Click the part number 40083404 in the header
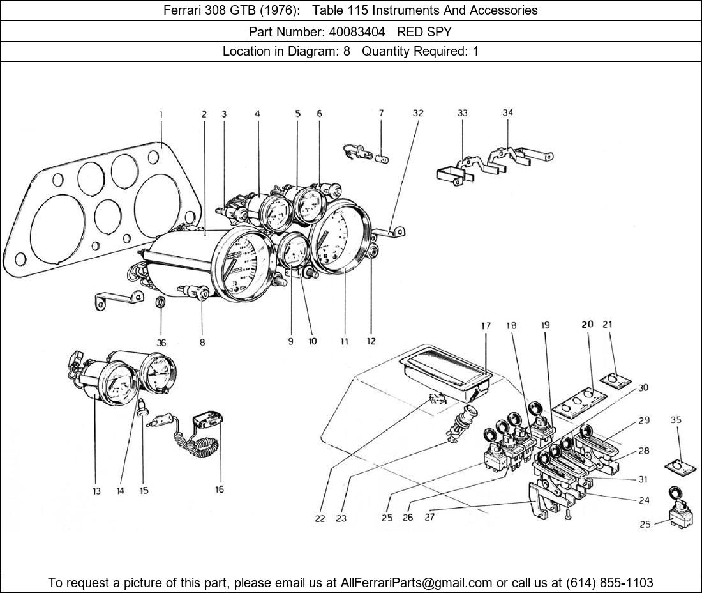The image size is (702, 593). coord(357,31)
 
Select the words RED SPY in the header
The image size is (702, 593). coord(424,31)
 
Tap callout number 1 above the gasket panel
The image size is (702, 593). coord(161,114)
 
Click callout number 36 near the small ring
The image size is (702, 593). coord(161,343)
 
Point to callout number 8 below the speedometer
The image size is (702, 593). coord(202,343)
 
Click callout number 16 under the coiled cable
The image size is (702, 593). coord(219,489)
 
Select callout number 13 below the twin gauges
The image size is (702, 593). coord(96,491)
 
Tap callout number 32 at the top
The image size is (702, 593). coord(418,113)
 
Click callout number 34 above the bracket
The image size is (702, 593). coord(507,113)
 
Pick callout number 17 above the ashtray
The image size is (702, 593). coord(486,326)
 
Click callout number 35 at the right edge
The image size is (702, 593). coord(676,420)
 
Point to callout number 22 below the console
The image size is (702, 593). coord(320,518)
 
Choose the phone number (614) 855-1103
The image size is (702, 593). coord(609,583)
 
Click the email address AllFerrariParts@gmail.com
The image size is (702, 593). coord(417,583)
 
